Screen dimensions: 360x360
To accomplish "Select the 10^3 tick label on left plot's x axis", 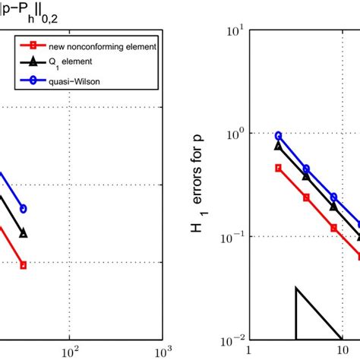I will point(161,352).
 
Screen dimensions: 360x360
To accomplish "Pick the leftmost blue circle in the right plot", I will point(278,136).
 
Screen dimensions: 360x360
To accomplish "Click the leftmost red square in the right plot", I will point(278,168).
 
